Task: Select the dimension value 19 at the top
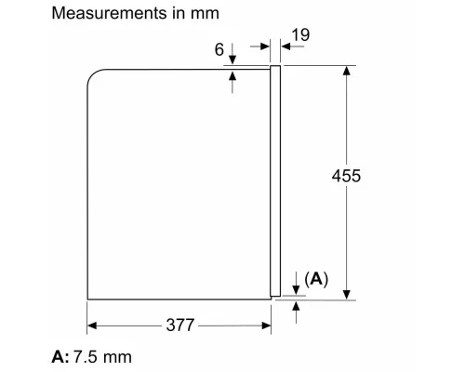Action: coord(298,35)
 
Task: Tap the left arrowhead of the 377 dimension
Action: coord(93,326)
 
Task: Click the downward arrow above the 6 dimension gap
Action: coord(232,60)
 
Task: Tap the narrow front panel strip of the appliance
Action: coord(275,181)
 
